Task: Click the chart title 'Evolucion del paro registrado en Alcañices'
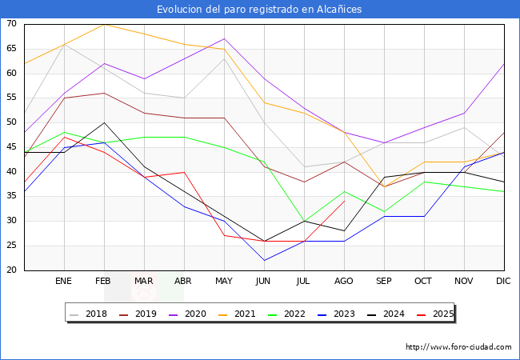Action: pyautogui.click(x=260, y=9)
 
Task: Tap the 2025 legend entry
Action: pyautogui.click(x=430, y=314)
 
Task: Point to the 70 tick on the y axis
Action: pyautogui.click(x=11, y=24)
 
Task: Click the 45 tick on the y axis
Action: pyautogui.click(x=11, y=147)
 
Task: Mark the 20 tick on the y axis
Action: pyautogui.click(x=11, y=270)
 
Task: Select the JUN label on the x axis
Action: pyautogui.click(x=264, y=282)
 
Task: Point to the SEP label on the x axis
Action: pyautogui.click(x=384, y=282)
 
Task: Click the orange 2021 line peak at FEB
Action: pyautogui.click(x=104, y=24)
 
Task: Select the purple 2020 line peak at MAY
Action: pyautogui.click(x=224, y=38)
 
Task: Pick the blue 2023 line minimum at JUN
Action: pyautogui.click(x=264, y=260)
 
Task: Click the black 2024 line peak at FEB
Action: pyautogui.click(x=104, y=122)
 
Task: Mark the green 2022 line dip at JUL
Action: pyautogui.click(x=304, y=221)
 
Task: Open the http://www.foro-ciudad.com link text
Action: pyautogui.click(x=458, y=347)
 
